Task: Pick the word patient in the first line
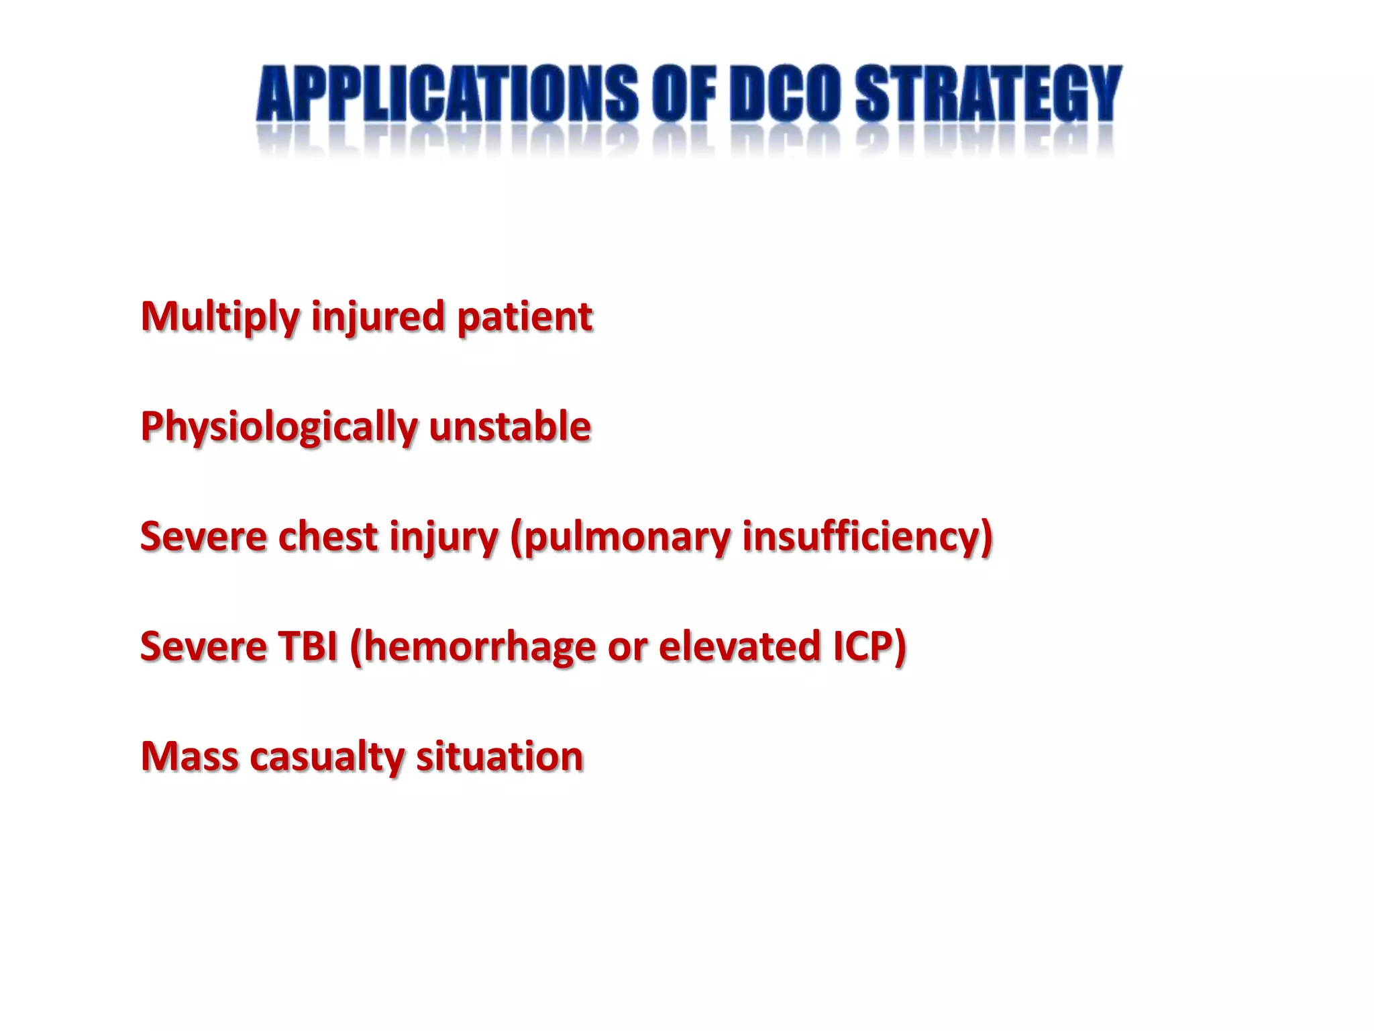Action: click(525, 317)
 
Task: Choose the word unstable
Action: click(510, 427)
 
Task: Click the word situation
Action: click(499, 756)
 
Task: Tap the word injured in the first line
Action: click(378, 317)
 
